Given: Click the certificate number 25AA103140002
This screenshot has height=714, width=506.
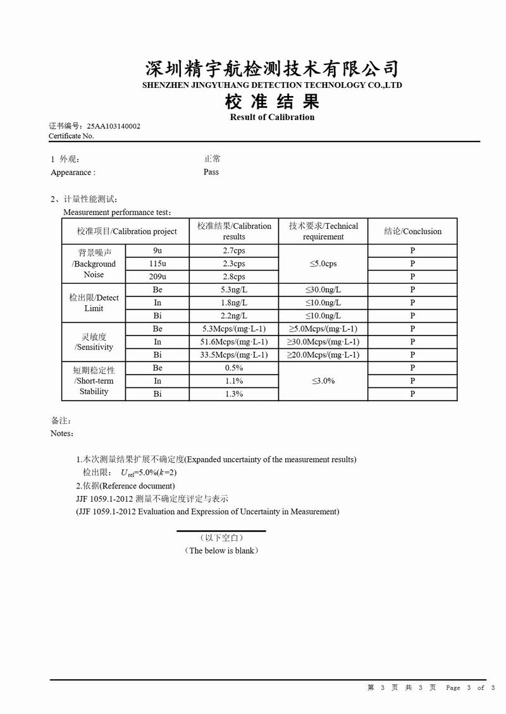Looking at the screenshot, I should pos(114,126).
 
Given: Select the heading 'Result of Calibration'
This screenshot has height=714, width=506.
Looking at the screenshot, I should pos(272,117).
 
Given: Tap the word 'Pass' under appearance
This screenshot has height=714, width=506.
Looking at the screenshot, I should pos(211,172).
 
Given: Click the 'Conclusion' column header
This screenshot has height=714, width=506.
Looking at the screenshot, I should pos(412,231).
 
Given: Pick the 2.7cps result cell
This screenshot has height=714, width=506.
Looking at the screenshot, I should pos(234,251).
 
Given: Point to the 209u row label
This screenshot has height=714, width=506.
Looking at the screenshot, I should pos(157,277).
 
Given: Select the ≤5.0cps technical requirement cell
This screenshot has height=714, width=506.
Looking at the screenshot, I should pos(323,263).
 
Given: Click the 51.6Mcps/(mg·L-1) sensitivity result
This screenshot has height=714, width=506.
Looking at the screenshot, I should pos(234,342).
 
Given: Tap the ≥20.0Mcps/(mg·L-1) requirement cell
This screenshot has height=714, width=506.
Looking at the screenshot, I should pos(323,355).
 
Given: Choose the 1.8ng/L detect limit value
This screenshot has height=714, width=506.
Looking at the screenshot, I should pos(234,303).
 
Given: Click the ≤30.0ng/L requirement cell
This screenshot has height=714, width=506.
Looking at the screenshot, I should pos(323,290).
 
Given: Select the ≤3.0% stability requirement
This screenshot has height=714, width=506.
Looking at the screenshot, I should pos(323,381).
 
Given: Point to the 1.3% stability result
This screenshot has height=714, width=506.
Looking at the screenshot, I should pos(234,394).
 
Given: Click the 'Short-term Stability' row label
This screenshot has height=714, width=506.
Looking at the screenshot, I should pos(94,381).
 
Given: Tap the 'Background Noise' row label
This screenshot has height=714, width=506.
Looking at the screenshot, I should pos(94,263).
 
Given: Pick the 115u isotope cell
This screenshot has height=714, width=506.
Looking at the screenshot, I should pos(157,263).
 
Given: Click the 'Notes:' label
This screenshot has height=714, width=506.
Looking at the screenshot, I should pos(62,433).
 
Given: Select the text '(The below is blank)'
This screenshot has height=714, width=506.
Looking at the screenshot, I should pos(221,550).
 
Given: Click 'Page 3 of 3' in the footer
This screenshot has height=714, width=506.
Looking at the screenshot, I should pos(470,687).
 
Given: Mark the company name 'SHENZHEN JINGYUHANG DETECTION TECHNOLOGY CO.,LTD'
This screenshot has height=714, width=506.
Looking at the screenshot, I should pos(272,85).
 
